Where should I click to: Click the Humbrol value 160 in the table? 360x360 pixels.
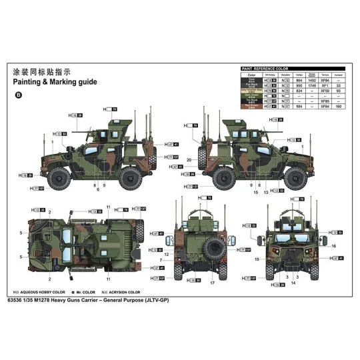[339, 106]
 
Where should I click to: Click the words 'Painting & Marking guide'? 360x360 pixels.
[55, 82]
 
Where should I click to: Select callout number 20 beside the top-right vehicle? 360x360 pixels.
[189, 160]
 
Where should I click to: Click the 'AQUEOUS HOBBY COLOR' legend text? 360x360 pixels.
[44, 292]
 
